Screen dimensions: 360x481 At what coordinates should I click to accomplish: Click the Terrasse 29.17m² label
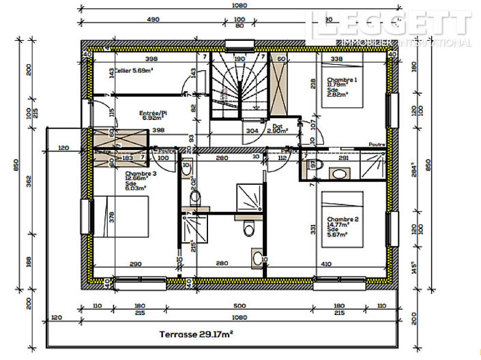(x=196, y=334)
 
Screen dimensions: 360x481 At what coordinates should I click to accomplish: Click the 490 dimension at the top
(x=153, y=20)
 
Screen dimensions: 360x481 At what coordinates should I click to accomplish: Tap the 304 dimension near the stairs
(x=252, y=130)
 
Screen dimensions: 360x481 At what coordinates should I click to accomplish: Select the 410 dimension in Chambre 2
(x=325, y=263)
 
